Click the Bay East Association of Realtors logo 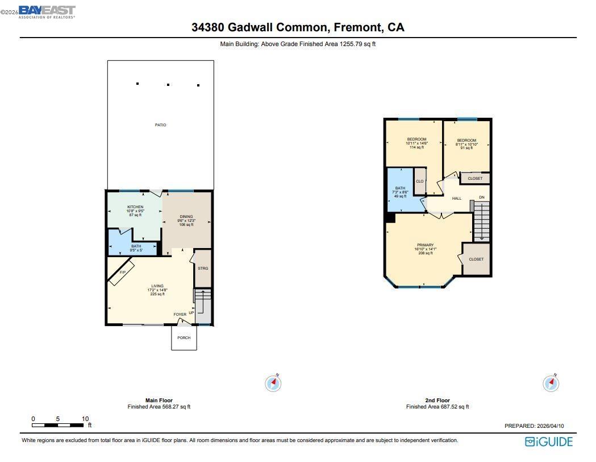[47, 11]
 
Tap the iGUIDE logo [548, 442]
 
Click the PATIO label [161, 125]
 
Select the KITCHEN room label [135, 207]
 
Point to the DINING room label [186, 217]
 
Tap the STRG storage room [203, 268]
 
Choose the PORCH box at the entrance [184, 338]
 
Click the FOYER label [180, 315]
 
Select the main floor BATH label [136, 246]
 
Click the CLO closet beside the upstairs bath [420, 181]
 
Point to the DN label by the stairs [482, 197]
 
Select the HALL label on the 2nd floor [457, 199]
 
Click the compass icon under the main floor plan [273, 383]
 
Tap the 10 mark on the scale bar [85, 419]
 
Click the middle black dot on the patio [168, 85]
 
